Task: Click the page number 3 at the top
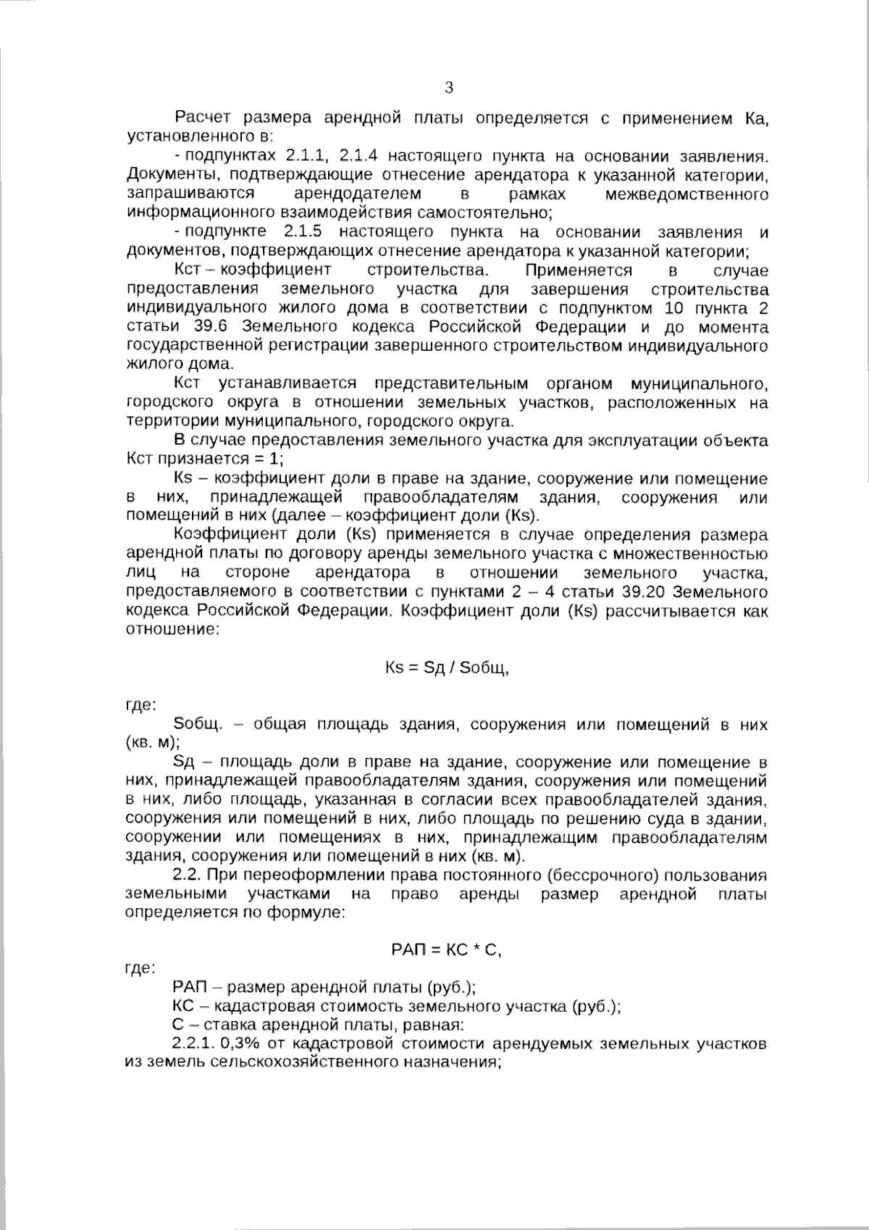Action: coord(448,88)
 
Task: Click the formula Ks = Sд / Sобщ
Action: coord(447,668)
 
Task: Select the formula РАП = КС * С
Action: coord(446,949)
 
